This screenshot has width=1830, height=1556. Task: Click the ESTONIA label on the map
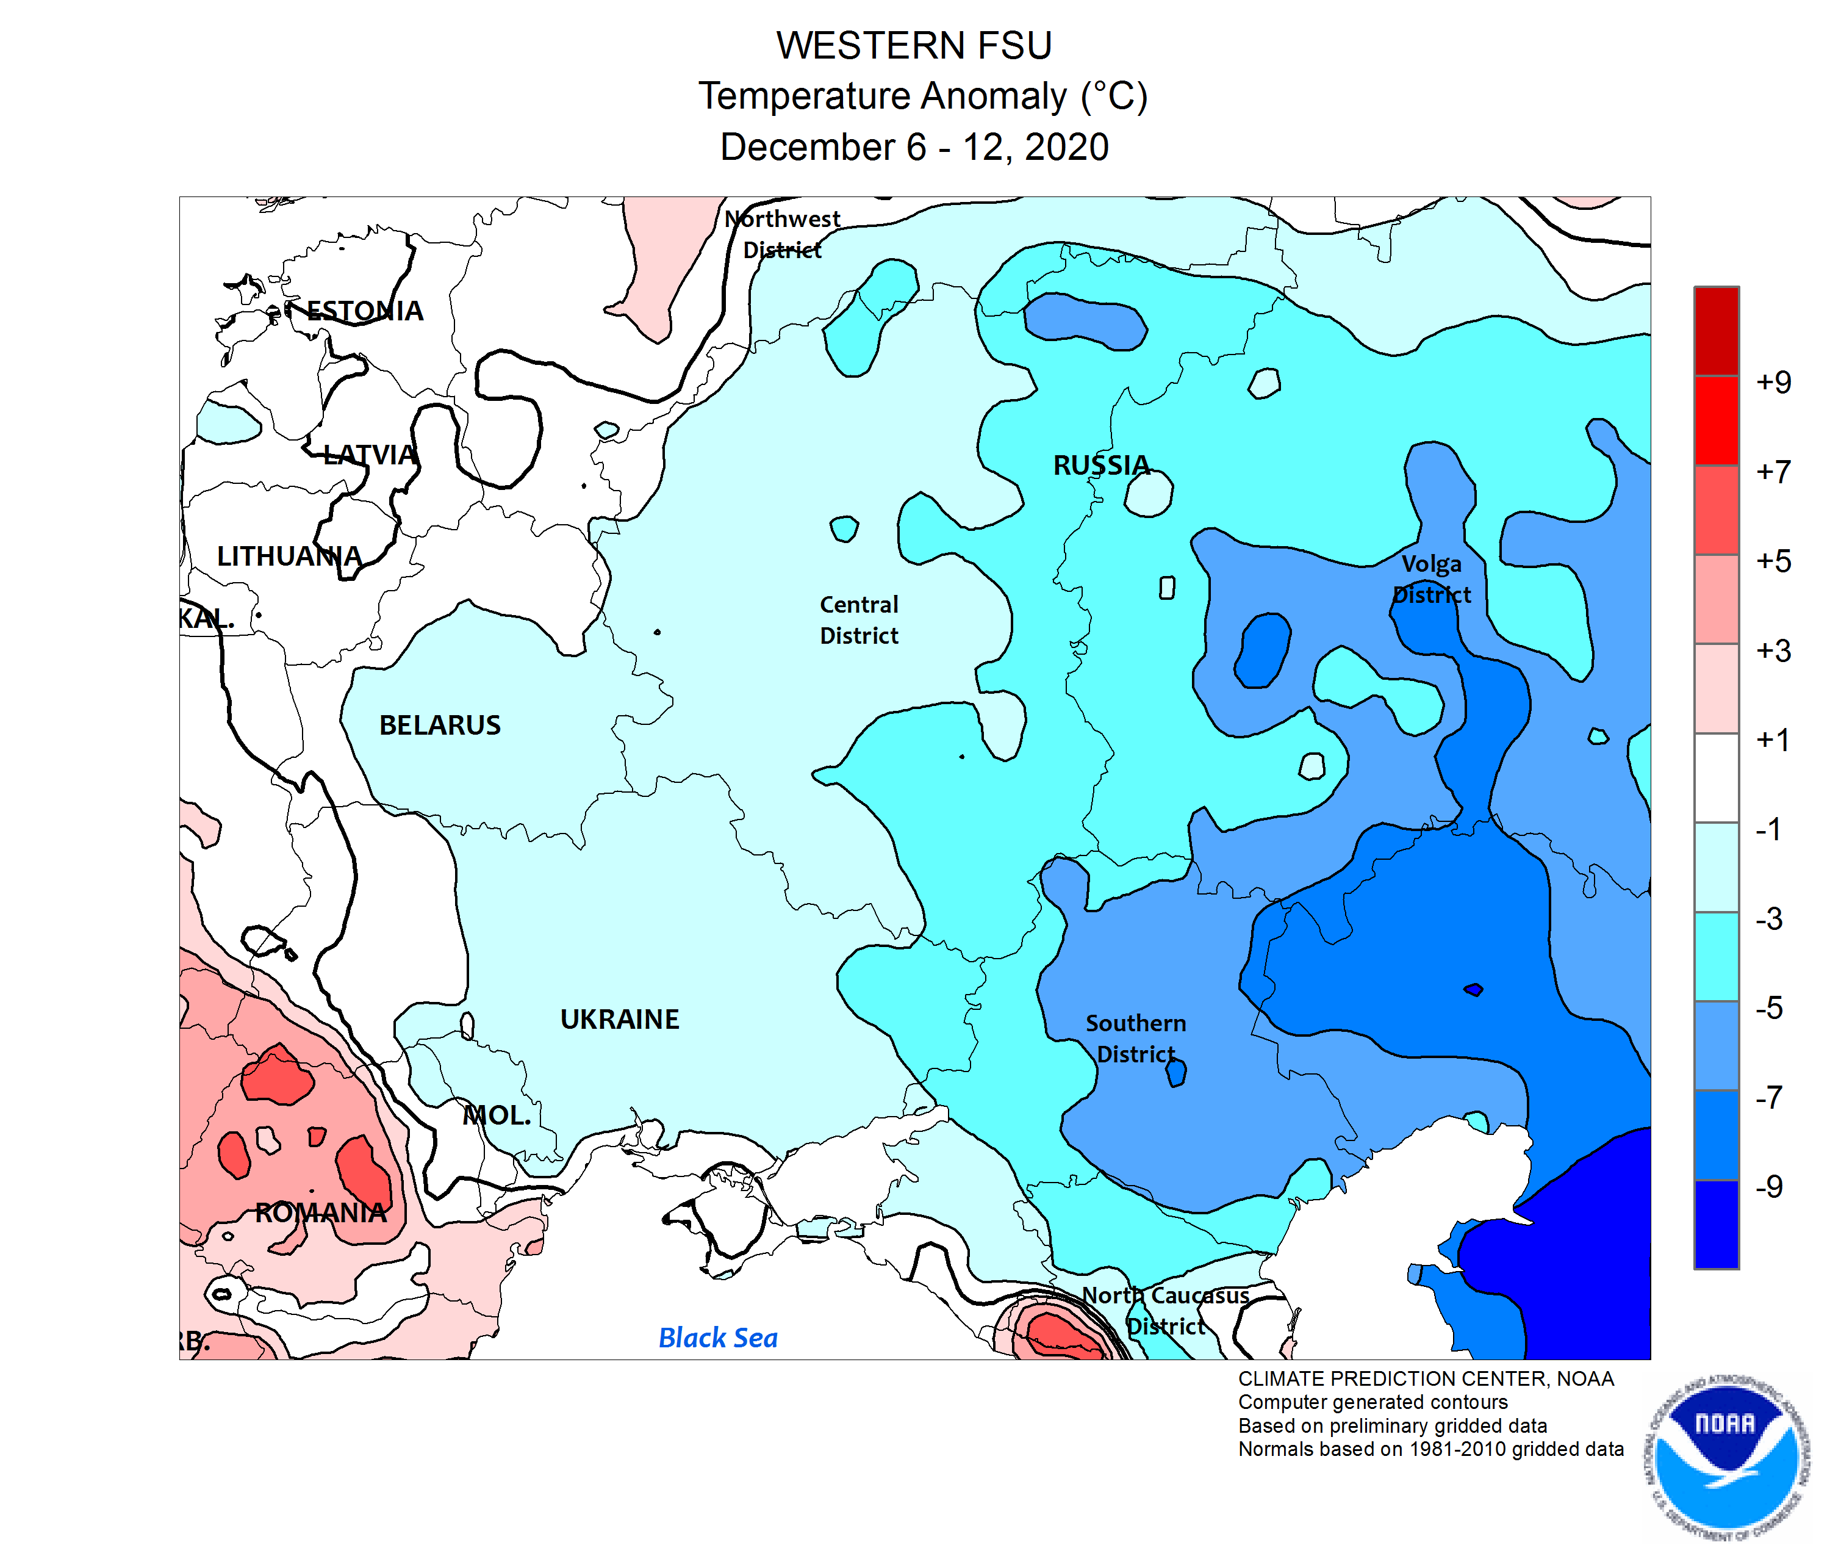364,311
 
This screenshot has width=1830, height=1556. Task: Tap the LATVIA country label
368,454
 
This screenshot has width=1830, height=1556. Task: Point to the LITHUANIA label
289,556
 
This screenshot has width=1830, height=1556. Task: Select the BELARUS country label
439,725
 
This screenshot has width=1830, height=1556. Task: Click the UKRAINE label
619,1019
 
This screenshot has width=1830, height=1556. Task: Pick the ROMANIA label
320,1212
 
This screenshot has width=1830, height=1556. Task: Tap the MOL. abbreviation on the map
497,1115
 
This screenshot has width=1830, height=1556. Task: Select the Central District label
858,619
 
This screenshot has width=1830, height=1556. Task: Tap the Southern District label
1135,1038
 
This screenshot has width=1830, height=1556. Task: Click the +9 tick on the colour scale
1773,382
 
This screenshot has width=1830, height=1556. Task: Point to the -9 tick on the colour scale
1768,1186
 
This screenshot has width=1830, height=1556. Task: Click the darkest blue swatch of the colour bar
1715,1224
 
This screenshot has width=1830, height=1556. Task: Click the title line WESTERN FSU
914,45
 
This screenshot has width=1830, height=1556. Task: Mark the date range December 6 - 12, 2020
914,146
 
